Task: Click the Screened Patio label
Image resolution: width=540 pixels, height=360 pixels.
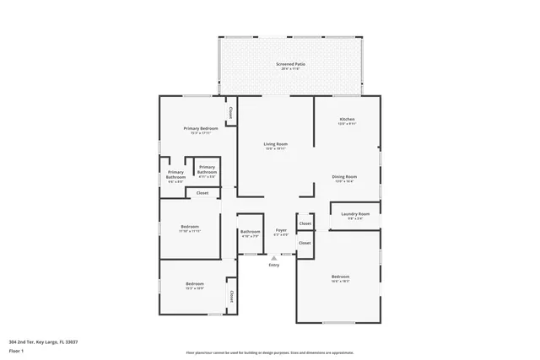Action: pos(289,64)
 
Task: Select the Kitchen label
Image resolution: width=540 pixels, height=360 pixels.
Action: pos(347,120)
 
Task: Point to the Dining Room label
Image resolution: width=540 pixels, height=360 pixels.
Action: pos(345,177)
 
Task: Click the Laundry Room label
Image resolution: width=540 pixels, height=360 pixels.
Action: pos(355,214)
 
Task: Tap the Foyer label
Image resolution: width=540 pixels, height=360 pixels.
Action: pos(282,230)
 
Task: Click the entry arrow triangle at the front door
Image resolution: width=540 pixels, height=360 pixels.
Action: pos(274,258)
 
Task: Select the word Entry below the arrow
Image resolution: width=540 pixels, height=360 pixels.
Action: pos(274,266)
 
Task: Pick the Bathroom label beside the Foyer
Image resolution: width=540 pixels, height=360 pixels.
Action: pos(250,232)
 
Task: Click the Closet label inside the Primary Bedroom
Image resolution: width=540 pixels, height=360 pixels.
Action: pos(229,110)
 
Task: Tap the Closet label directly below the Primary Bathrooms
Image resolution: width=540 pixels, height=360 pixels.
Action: pos(202,193)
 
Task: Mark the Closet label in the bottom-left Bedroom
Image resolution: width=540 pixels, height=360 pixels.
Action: pos(229,298)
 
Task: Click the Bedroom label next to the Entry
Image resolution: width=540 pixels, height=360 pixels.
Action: pos(340,277)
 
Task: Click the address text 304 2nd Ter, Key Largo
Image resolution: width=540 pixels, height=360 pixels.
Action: pos(43,341)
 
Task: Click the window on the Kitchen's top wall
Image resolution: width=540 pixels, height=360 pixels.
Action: pos(354,95)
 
